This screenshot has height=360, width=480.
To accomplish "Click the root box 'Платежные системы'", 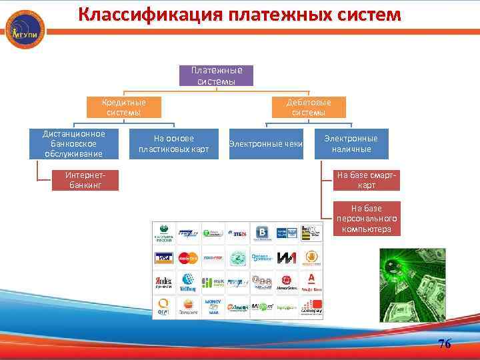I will pyautogui.click(x=216, y=75).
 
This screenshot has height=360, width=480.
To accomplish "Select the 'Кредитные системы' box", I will pyautogui.click(x=123, y=107).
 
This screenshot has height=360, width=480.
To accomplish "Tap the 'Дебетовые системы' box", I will pyautogui.click(x=309, y=107).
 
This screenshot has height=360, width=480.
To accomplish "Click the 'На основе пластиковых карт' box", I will pyautogui.click(x=173, y=143).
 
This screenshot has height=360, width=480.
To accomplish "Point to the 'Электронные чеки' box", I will pyautogui.click(x=266, y=143).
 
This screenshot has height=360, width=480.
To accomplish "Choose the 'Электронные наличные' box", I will pyautogui.click(x=351, y=143).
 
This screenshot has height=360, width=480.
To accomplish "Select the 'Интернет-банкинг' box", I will pyautogui.click(x=85, y=180).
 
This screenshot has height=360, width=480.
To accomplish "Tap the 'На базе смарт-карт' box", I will pyautogui.click(x=367, y=180).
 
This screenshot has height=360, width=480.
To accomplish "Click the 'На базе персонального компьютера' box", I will pyautogui.click(x=367, y=219).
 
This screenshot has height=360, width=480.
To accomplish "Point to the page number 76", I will pyautogui.click(x=445, y=344).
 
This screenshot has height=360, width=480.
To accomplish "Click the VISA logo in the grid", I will pyautogui.click(x=165, y=257).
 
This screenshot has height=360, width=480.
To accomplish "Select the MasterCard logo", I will pyautogui.click(x=189, y=257).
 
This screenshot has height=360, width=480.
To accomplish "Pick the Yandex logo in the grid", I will pyautogui.click(x=165, y=281).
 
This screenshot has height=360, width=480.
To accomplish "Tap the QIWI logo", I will pyautogui.click(x=165, y=306).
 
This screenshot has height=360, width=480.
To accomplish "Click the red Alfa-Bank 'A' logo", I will pyautogui.click(x=310, y=281).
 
